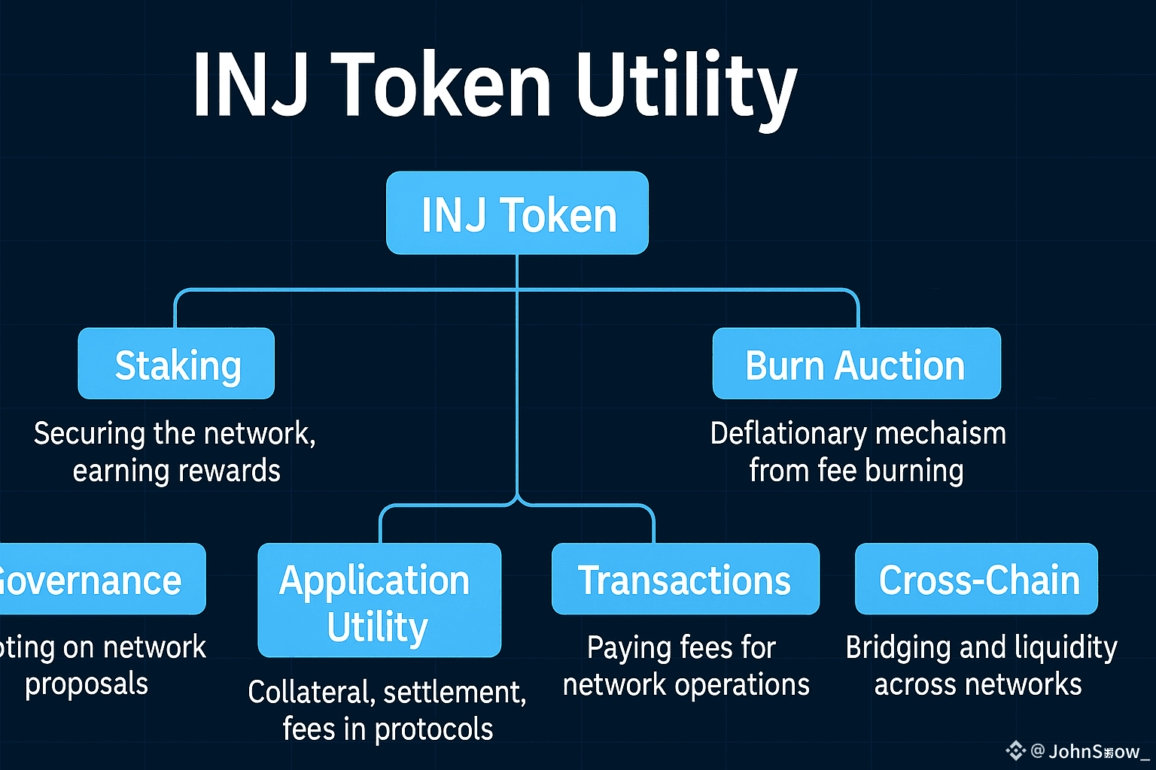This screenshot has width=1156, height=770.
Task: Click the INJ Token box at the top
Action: coord(517,214)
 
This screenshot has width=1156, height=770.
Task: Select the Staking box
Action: coord(176,364)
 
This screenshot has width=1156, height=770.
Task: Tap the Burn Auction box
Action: coord(856,364)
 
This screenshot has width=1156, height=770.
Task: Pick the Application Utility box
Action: coord(379,600)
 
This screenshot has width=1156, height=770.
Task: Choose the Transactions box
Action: coord(685,579)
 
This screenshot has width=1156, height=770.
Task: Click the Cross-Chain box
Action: coord(976,579)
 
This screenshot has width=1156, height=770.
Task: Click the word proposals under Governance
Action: coord(87,684)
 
